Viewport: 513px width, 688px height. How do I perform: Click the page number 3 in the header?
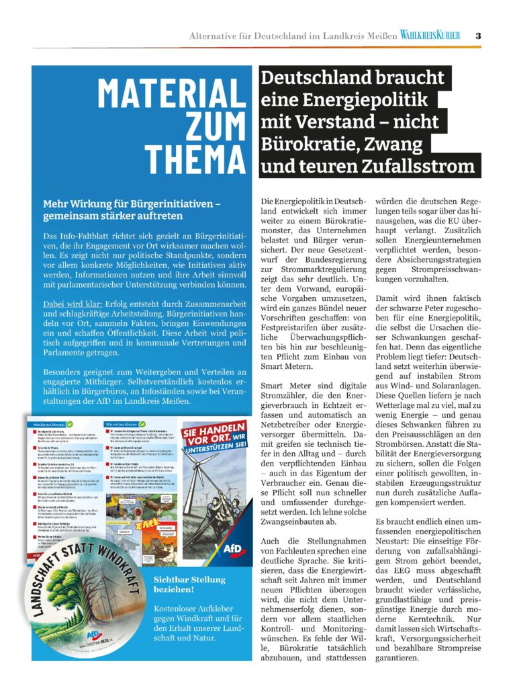coord(477,35)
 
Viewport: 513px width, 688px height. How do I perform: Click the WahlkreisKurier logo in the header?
coord(430,35)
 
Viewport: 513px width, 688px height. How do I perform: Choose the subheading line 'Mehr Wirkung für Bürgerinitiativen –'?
coord(132,204)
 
